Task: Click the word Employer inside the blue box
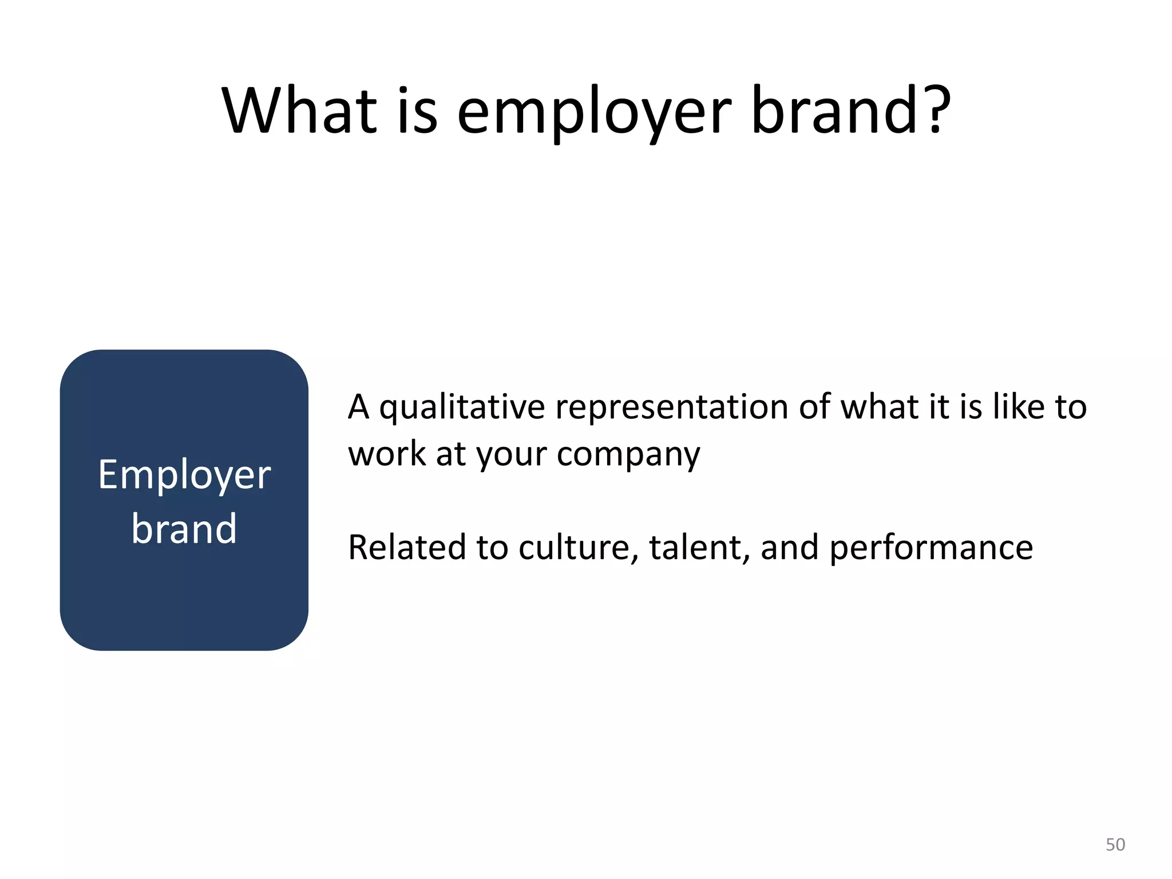click(184, 475)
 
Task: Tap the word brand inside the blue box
click(184, 528)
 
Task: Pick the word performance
click(931, 548)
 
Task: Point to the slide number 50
click(1115, 845)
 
